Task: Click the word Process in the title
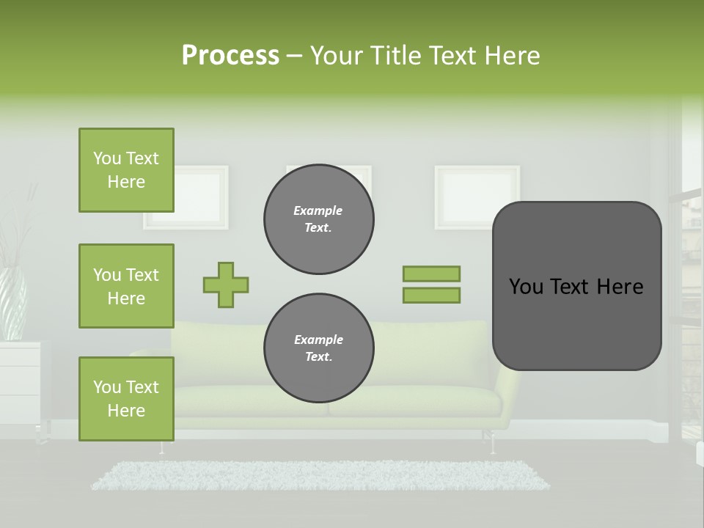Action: (x=230, y=56)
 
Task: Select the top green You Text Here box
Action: (x=126, y=170)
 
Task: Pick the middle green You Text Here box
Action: (x=126, y=286)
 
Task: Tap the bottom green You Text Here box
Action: (x=126, y=399)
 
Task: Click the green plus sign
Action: (x=226, y=285)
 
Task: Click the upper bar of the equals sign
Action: (x=431, y=274)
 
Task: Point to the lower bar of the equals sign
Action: (x=431, y=296)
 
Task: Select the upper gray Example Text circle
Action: (x=318, y=219)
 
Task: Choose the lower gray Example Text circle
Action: (x=318, y=348)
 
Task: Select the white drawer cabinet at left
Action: (x=21, y=381)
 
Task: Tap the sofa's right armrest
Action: (x=508, y=389)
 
